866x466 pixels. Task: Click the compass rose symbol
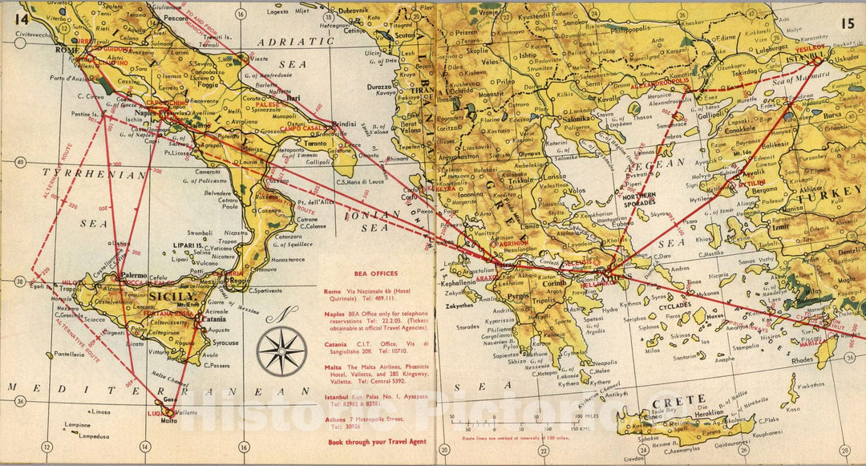pos(281,351)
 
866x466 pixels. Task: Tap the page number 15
pos(848,22)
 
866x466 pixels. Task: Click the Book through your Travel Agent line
pos(366,442)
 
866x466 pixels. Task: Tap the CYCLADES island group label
pos(649,306)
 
